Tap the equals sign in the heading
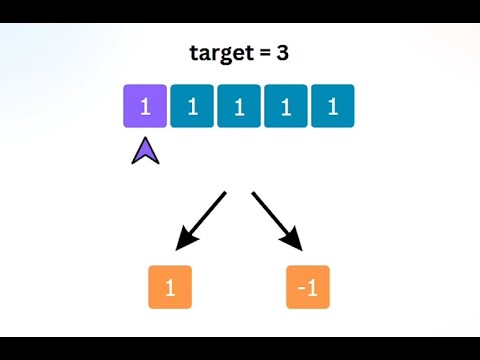pos(262,54)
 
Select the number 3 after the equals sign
pos(282,53)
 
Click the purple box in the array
pos(145,106)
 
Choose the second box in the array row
pos(192,106)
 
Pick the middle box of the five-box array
pos(239,106)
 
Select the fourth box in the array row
pos(286,106)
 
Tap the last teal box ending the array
pos(333,106)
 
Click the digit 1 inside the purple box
pos(145,106)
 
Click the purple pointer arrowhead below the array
pos(145,151)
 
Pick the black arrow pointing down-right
pos(277,221)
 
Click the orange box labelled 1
pos(169,287)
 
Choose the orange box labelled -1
pos(308,287)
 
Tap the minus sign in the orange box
pos(301,288)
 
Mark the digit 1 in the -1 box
pos(312,287)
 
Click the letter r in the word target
pos(213,54)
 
